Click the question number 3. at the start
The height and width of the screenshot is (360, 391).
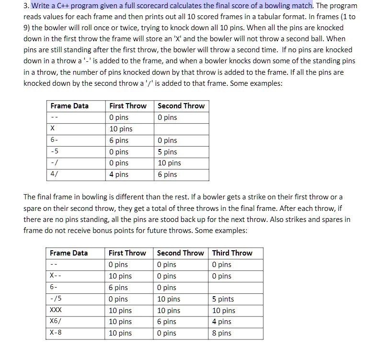pos(26,6)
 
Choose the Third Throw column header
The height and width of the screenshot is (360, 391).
pos(232,253)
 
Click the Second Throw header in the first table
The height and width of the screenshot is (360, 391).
pos(181,106)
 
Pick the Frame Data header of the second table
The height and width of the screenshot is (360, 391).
pos(69,253)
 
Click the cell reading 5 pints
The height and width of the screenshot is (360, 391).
pos(223,299)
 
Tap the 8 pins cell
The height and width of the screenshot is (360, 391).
pos(221,333)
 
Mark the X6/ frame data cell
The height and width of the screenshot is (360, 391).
pos(55,322)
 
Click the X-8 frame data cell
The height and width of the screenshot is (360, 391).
pos(55,333)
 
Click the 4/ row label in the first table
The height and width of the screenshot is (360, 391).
pos(54,174)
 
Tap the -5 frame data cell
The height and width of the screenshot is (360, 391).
pos(54,152)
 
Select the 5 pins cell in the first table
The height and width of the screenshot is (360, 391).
pos(167,152)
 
